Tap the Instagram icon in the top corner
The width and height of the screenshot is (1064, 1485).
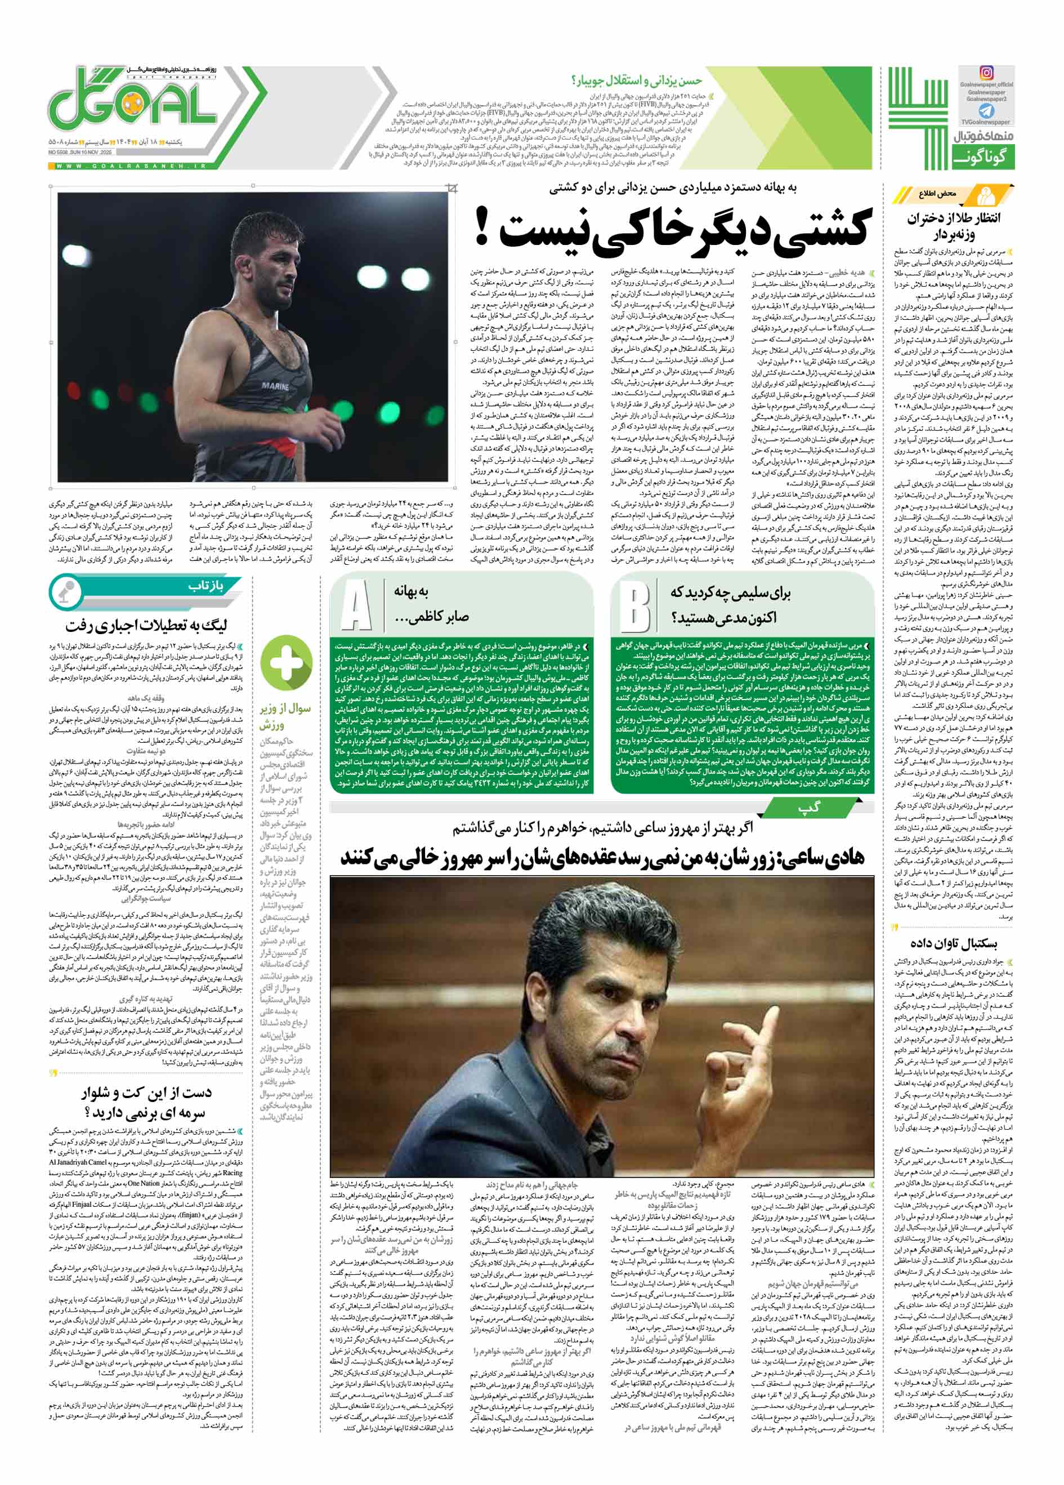pyautogui.click(x=986, y=73)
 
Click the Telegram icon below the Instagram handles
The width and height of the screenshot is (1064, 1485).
pyautogui.click(x=986, y=110)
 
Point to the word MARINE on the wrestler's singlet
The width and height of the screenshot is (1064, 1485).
pyautogui.click(x=275, y=386)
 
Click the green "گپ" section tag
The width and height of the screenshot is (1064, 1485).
pyautogui.click(x=809, y=809)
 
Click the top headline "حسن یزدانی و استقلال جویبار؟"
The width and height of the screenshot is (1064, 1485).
pyautogui.click(x=636, y=81)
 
